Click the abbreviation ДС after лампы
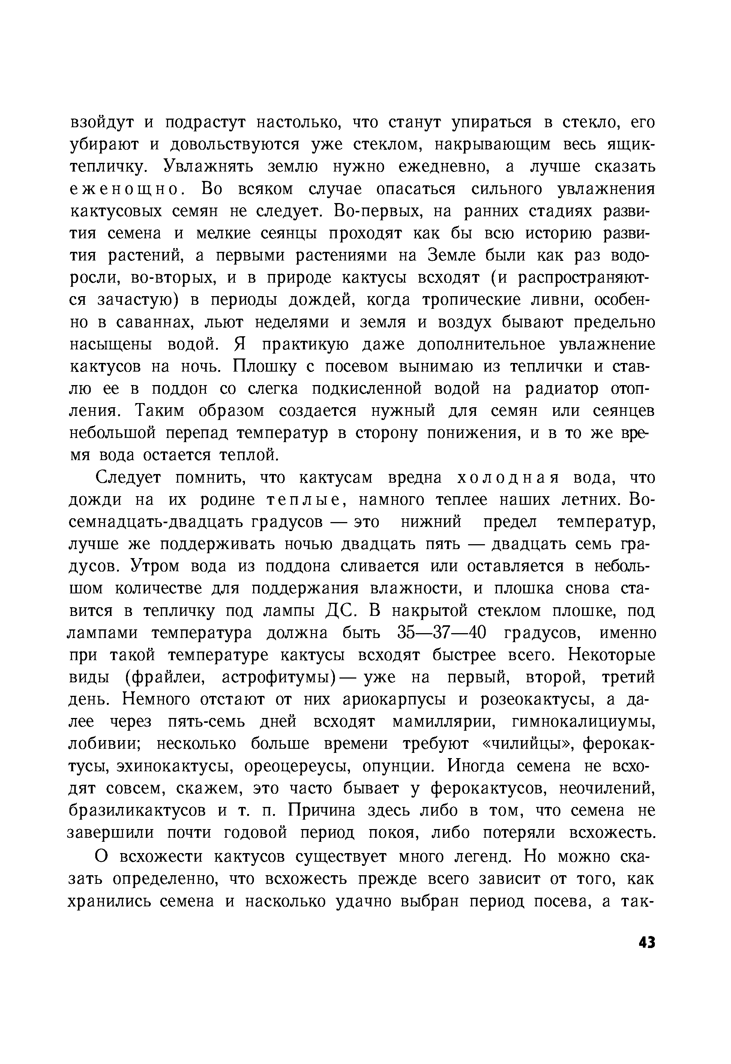pyautogui.click(x=339, y=611)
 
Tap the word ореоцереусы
pyautogui.click(x=298, y=766)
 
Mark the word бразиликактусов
pyautogui.click(x=137, y=811)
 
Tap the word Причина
pyautogui.click(x=322, y=811)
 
